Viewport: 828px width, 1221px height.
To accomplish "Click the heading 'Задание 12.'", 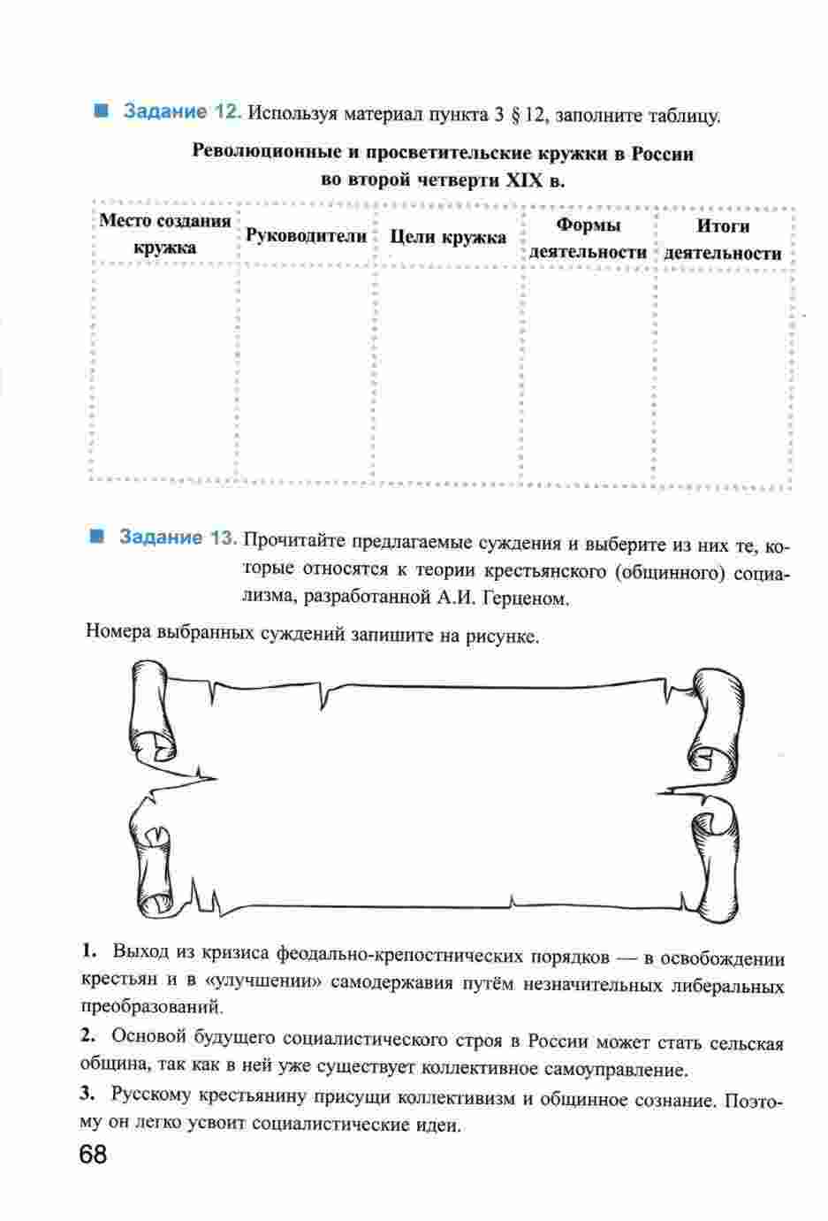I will point(180,113).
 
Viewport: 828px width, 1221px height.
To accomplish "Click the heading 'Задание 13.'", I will point(178,538).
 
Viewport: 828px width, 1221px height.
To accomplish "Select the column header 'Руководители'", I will point(306,236).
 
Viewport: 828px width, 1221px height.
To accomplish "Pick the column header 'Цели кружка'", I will point(448,237).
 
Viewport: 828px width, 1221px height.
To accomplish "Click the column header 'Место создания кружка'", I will point(164,234).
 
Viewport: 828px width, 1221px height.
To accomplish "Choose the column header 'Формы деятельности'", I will point(589,239).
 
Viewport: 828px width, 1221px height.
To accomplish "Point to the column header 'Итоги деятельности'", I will point(723,240).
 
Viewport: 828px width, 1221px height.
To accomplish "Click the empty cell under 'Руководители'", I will point(306,371).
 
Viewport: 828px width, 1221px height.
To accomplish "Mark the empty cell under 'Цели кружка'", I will point(448,371).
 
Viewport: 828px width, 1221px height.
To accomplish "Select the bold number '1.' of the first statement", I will point(88,952).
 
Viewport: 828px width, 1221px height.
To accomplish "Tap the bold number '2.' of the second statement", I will point(87,1035).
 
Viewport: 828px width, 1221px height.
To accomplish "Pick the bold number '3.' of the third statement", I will point(87,1095).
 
